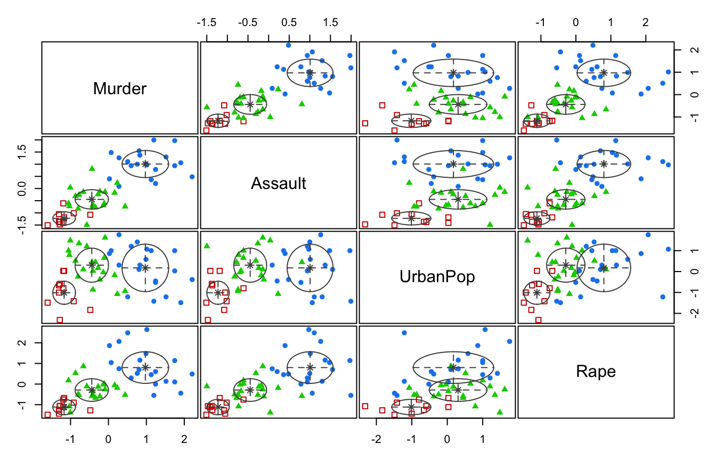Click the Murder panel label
pyautogui.click(x=119, y=88)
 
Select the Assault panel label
pyautogui.click(x=278, y=184)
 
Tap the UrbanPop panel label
pyautogui.click(x=437, y=277)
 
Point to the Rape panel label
pyautogui.click(x=596, y=372)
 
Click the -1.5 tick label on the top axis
pyautogui.click(x=207, y=23)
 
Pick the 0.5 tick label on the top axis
pyautogui.click(x=289, y=23)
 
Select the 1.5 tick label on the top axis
pyautogui.click(x=330, y=23)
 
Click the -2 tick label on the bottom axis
pyautogui.click(x=377, y=440)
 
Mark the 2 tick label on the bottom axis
pyautogui.click(x=184, y=440)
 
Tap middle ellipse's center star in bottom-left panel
pyautogui.click(x=92, y=390)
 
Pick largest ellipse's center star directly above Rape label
pyautogui.click(x=604, y=267)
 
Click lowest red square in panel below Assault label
pyautogui.click(x=207, y=320)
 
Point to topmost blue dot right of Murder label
pyautogui.click(x=289, y=45)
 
